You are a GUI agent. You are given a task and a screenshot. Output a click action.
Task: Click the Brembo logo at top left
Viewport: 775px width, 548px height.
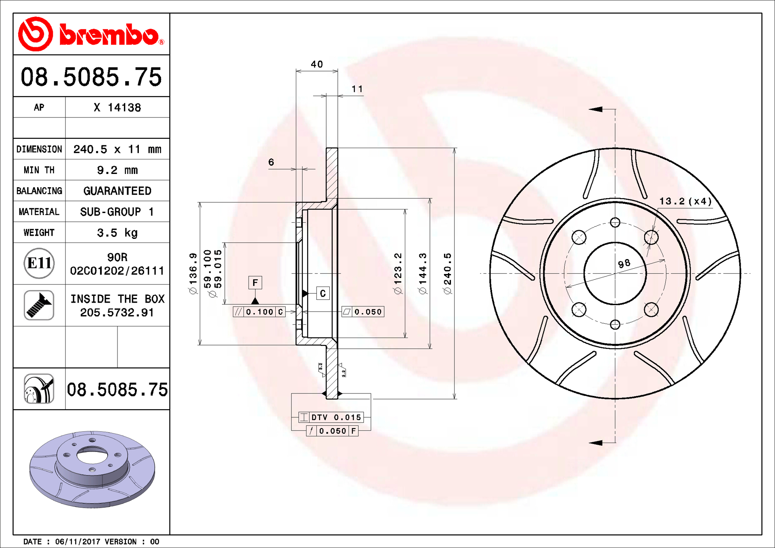91,34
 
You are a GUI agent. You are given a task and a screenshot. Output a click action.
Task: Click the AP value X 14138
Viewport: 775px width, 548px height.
117,108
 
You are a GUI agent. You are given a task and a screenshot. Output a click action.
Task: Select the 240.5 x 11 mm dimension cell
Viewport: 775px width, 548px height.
117,149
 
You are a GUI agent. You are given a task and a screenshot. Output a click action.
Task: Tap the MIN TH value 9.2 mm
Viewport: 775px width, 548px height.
117,170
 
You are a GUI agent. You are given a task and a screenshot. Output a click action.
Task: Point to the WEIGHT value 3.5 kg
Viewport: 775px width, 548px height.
117,233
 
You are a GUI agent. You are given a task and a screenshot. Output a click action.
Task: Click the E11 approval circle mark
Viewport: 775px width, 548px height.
39,264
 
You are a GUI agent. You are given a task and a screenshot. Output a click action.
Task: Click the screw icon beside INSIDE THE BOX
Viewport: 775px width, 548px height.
39,305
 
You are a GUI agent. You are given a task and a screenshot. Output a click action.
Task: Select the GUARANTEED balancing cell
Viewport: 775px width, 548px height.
117,191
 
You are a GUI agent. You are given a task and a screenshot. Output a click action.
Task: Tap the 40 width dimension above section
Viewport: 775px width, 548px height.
317,64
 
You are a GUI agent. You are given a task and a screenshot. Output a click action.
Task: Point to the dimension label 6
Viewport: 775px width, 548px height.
271,162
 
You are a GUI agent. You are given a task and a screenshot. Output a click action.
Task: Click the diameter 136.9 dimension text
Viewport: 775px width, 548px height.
193,273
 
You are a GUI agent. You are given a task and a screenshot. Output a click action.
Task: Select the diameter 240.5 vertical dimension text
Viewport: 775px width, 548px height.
448,273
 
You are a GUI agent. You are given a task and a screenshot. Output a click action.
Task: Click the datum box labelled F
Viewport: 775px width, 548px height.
255,282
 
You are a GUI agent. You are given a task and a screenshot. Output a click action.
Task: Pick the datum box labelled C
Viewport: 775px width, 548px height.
323,293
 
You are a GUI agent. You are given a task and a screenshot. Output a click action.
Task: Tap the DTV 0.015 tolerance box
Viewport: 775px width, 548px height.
331,417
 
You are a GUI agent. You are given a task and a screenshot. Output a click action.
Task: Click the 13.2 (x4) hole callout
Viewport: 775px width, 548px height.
685,201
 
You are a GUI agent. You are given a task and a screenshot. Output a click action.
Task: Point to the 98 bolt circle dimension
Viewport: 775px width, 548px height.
624,264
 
